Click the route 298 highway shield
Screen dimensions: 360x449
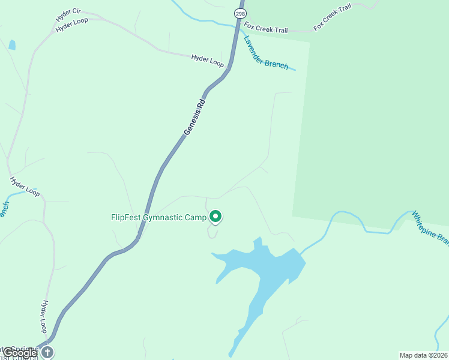[240, 12]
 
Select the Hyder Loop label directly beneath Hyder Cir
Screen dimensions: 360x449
[72, 25]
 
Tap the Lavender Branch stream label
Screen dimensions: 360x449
[266, 53]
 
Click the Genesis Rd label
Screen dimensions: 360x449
[195, 116]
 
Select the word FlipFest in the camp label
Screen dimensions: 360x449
[126, 217]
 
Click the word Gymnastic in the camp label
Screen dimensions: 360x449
[163, 217]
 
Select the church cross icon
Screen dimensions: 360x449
[47, 352]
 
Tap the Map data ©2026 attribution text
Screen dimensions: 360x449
[423, 355]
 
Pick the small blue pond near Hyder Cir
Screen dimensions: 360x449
[12, 44]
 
